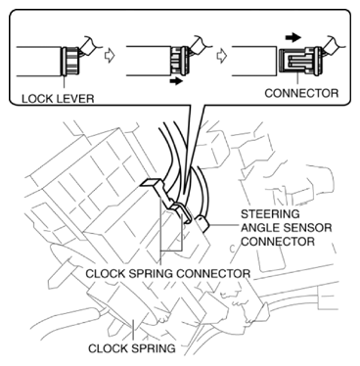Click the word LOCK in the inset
[34, 99]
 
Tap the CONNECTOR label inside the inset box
[301, 93]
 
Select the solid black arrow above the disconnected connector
[293, 37]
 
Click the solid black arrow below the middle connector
[177, 81]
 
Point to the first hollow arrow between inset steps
[110, 56]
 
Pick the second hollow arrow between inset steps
[221, 56]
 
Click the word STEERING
[270, 214]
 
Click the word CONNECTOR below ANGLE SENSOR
[278, 242]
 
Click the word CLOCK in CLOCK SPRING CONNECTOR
[105, 273]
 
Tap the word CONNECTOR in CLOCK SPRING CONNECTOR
[213, 273]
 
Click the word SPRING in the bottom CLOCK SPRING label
[153, 348]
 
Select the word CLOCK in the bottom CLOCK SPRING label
[108, 348]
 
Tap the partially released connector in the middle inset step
[179, 61]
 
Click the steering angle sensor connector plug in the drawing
[202, 224]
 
